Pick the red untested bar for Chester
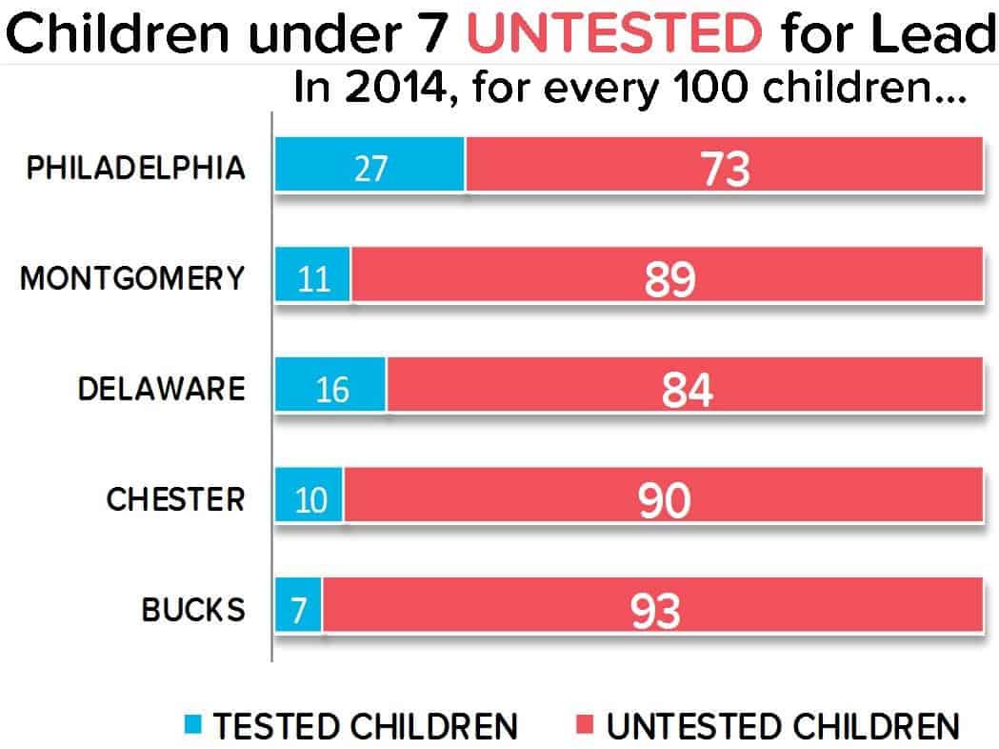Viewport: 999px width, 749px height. click(663, 499)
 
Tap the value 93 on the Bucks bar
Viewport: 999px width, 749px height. click(655, 611)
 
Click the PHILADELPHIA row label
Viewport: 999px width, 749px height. click(134, 168)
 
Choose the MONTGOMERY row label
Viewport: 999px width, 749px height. click(131, 278)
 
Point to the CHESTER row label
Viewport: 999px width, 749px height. click(175, 499)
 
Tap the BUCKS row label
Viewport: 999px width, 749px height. click(193, 609)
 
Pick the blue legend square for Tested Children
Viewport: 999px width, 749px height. click(194, 726)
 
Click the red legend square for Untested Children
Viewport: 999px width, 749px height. click(587, 726)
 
